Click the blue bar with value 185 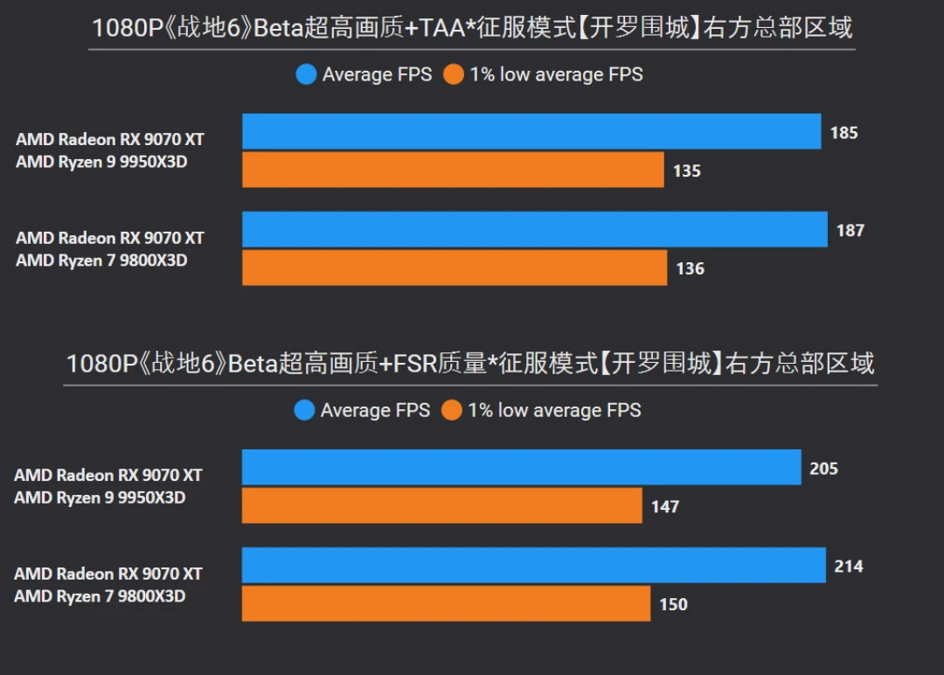531,132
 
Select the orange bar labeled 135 453,170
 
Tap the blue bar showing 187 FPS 534,230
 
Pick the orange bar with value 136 455,268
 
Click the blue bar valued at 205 521,468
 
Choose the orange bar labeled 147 441,506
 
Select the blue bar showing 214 533,566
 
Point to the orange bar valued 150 446,604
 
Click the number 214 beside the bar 848,567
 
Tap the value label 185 843,133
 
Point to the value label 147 664,507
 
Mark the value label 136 690,269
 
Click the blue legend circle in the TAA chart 306,75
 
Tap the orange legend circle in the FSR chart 452,411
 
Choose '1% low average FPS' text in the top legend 556,75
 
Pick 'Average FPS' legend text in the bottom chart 375,411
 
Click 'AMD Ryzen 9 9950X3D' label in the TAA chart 101,162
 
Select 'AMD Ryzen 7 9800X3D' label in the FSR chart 100,596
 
